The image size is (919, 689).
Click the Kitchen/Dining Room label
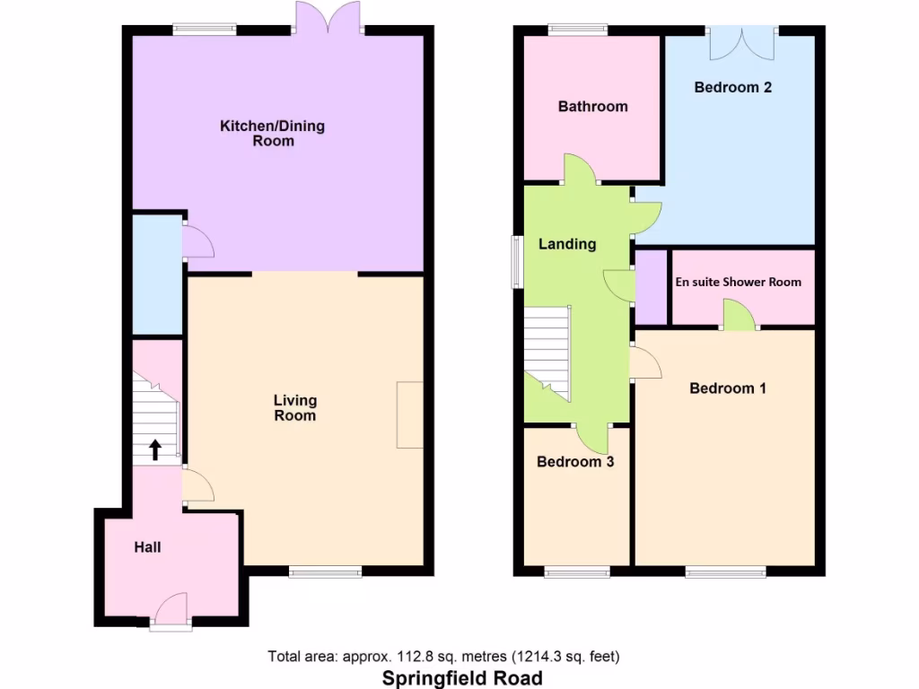coord(272,133)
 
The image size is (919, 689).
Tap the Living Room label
coord(294,408)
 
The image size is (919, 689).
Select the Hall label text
coord(147,546)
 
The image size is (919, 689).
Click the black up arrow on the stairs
coord(155,449)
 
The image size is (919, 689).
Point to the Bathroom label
coord(592,107)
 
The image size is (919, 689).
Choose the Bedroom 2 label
coord(732,88)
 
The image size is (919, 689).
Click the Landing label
coord(566,244)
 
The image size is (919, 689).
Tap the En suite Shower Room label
coord(738,282)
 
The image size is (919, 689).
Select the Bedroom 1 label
coord(727,388)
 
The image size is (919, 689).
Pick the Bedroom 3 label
coord(574,462)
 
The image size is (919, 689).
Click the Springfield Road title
coord(462,677)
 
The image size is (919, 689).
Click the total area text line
coord(443,656)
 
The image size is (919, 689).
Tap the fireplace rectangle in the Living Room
coord(409,414)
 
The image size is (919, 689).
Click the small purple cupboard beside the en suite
coord(652,287)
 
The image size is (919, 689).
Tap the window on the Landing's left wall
coord(517,262)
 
